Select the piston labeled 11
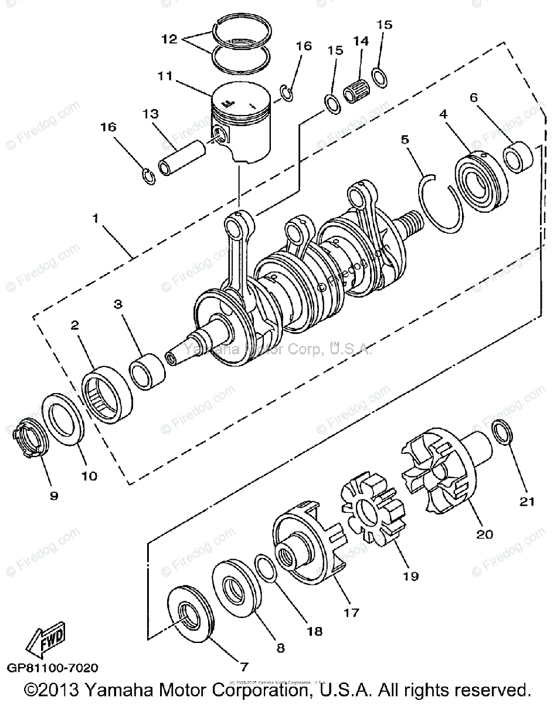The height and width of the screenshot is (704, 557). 243,123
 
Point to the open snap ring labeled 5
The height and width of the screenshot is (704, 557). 441,202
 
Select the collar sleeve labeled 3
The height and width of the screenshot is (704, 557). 147,371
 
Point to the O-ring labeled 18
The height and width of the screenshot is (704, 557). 267,568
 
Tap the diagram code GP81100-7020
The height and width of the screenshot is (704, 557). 53,668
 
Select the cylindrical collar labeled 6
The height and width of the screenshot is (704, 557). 519,157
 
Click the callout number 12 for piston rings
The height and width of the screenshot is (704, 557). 169,39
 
